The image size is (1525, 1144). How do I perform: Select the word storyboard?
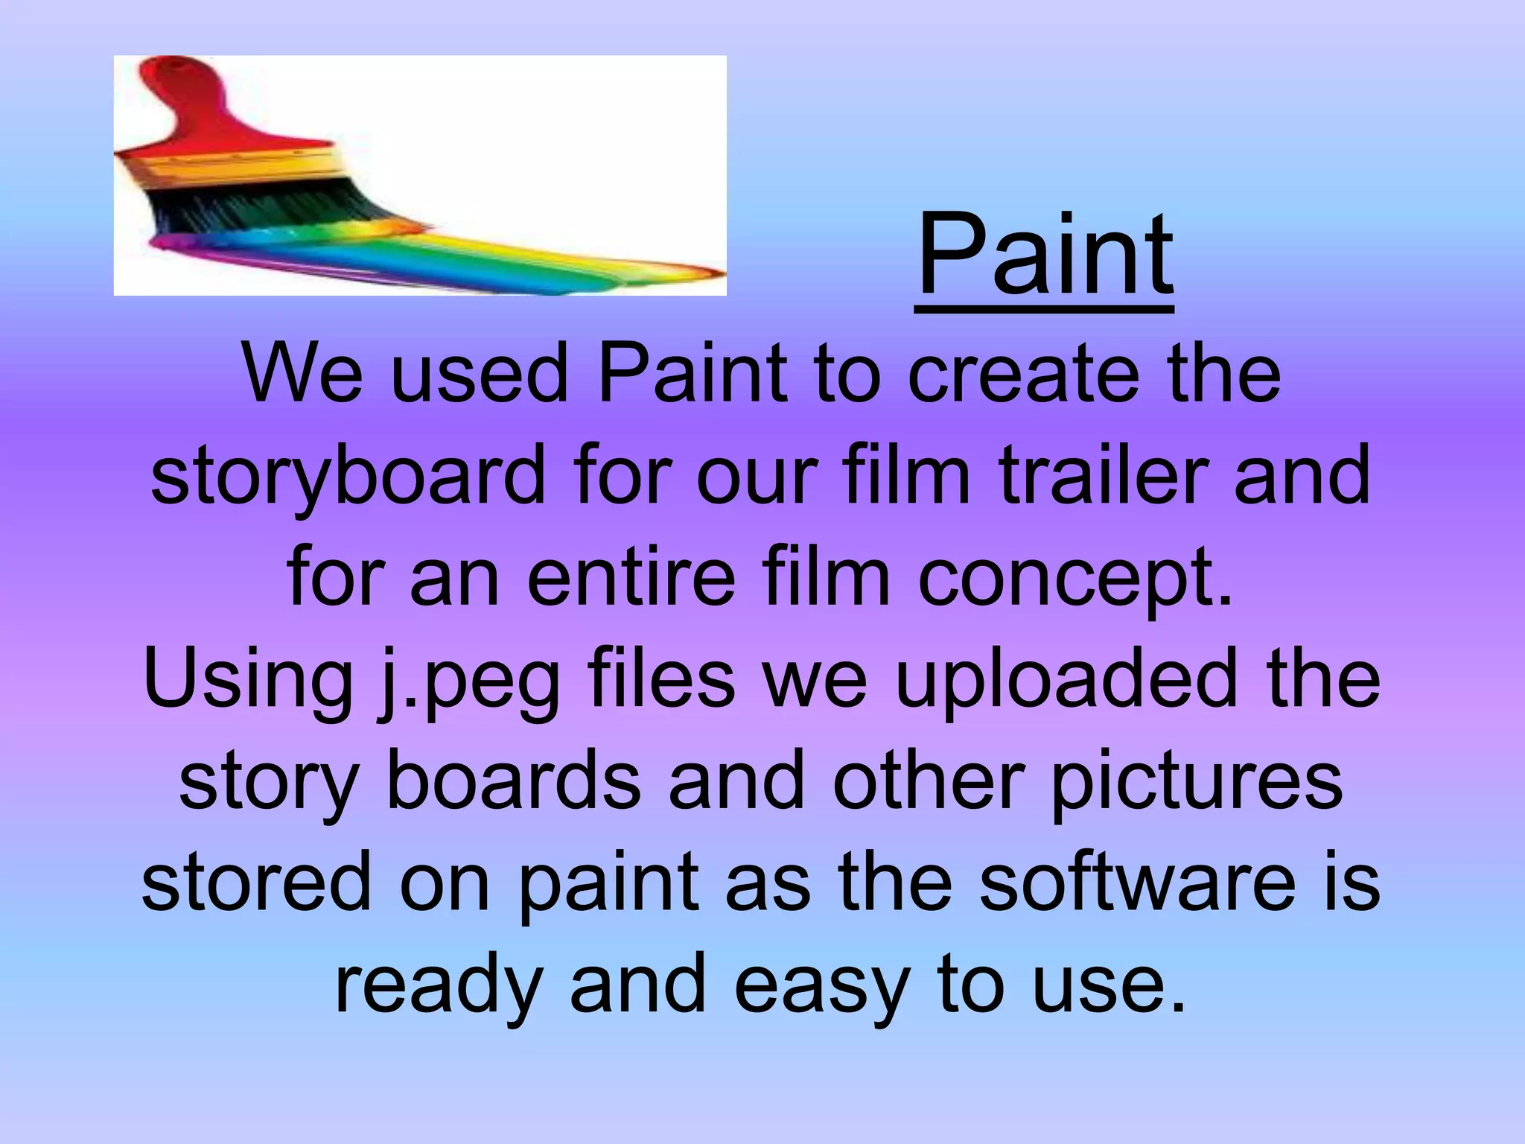coord(348,475)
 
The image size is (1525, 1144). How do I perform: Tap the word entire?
coord(631,577)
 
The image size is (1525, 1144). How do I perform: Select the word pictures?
coord(1197,782)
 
